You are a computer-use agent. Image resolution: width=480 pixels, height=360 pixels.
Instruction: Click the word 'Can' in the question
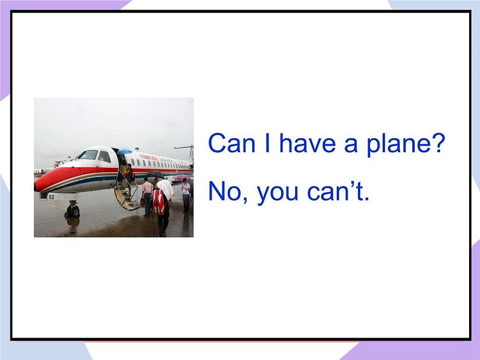pyautogui.click(x=232, y=143)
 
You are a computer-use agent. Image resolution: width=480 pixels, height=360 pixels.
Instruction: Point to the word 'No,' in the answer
pyautogui.click(x=228, y=191)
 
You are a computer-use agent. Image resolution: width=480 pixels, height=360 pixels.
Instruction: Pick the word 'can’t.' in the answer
pyautogui.click(x=338, y=191)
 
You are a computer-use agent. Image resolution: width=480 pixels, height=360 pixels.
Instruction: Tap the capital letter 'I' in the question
pyautogui.click(x=267, y=143)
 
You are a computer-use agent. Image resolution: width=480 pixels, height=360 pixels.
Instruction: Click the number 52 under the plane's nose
pyautogui.click(x=51, y=197)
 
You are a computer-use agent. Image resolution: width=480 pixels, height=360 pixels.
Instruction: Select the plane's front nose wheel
pyautogui.click(x=73, y=211)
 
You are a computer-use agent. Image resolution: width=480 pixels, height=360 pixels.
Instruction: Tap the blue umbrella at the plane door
pyautogui.click(x=125, y=151)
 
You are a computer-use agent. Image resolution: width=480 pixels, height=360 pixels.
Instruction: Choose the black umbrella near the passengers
pyautogui.click(x=155, y=174)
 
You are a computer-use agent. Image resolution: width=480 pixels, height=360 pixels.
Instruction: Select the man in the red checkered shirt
pyautogui.click(x=148, y=197)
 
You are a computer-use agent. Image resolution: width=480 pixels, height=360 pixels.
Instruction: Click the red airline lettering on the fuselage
pyautogui.click(x=149, y=158)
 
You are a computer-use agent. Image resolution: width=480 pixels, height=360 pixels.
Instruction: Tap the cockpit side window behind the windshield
pyautogui.click(x=105, y=157)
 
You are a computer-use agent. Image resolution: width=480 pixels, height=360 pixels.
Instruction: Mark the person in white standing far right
pyautogui.click(x=186, y=196)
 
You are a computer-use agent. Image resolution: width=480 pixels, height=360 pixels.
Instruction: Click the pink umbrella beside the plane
pyautogui.click(x=181, y=177)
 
